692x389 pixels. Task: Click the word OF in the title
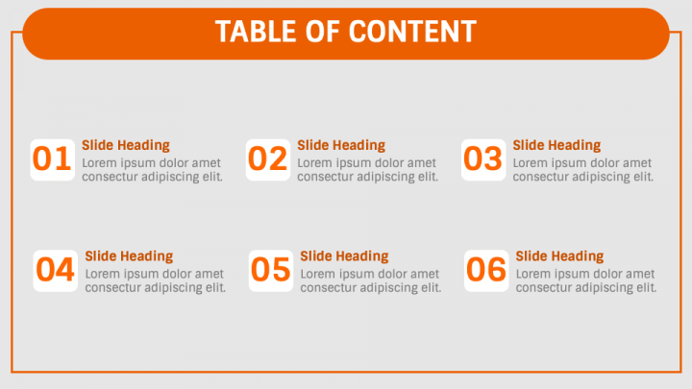click(318, 32)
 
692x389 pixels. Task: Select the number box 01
click(53, 159)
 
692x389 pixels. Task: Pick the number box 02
click(268, 159)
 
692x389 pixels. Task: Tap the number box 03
click(483, 159)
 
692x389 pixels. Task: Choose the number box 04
click(56, 270)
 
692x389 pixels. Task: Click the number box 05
click(271, 270)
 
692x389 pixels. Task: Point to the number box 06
click(486, 270)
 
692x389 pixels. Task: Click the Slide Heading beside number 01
click(125, 145)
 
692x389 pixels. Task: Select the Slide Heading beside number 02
click(340, 145)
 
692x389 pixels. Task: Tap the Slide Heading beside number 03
click(556, 145)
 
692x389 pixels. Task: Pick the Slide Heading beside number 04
click(129, 256)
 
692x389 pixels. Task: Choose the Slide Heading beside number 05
click(344, 256)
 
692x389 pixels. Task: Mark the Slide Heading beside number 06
click(559, 256)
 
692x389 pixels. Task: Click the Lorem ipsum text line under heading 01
click(151, 162)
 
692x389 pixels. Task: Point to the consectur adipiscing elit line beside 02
click(367, 177)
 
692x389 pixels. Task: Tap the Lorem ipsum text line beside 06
click(585, 274)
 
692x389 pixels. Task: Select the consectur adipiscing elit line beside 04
click(155, 287)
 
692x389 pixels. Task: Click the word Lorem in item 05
click(318, 274)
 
